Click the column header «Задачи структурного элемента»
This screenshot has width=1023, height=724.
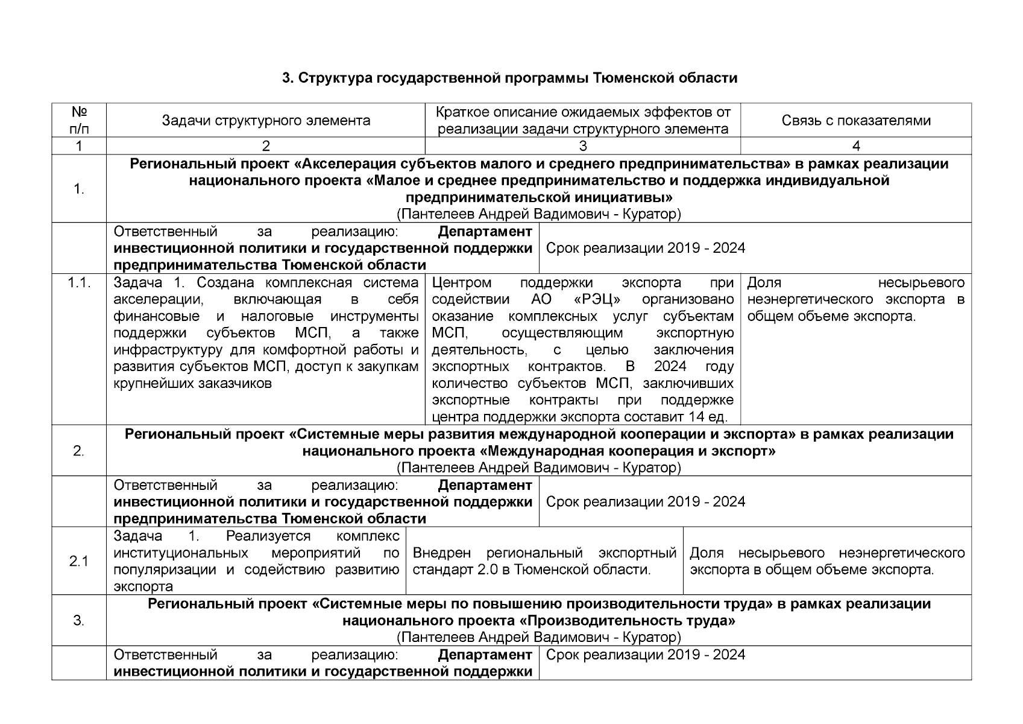coord(266,121)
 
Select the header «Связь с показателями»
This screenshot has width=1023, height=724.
coord(856,121)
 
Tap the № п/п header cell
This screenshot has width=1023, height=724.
coord(79,121)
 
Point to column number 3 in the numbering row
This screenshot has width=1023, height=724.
coord(582,146)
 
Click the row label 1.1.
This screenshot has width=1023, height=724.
coord(79,283)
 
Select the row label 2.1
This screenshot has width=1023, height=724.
coord(79,561)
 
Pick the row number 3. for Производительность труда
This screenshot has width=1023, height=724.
coord(79,620)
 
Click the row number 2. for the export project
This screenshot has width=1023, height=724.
coord(79,451)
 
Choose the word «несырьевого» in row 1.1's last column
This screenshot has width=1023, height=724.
coord(921,283)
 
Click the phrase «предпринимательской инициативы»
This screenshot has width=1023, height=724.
coord(539,197)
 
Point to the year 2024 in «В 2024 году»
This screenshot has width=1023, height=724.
coord(670,367)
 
